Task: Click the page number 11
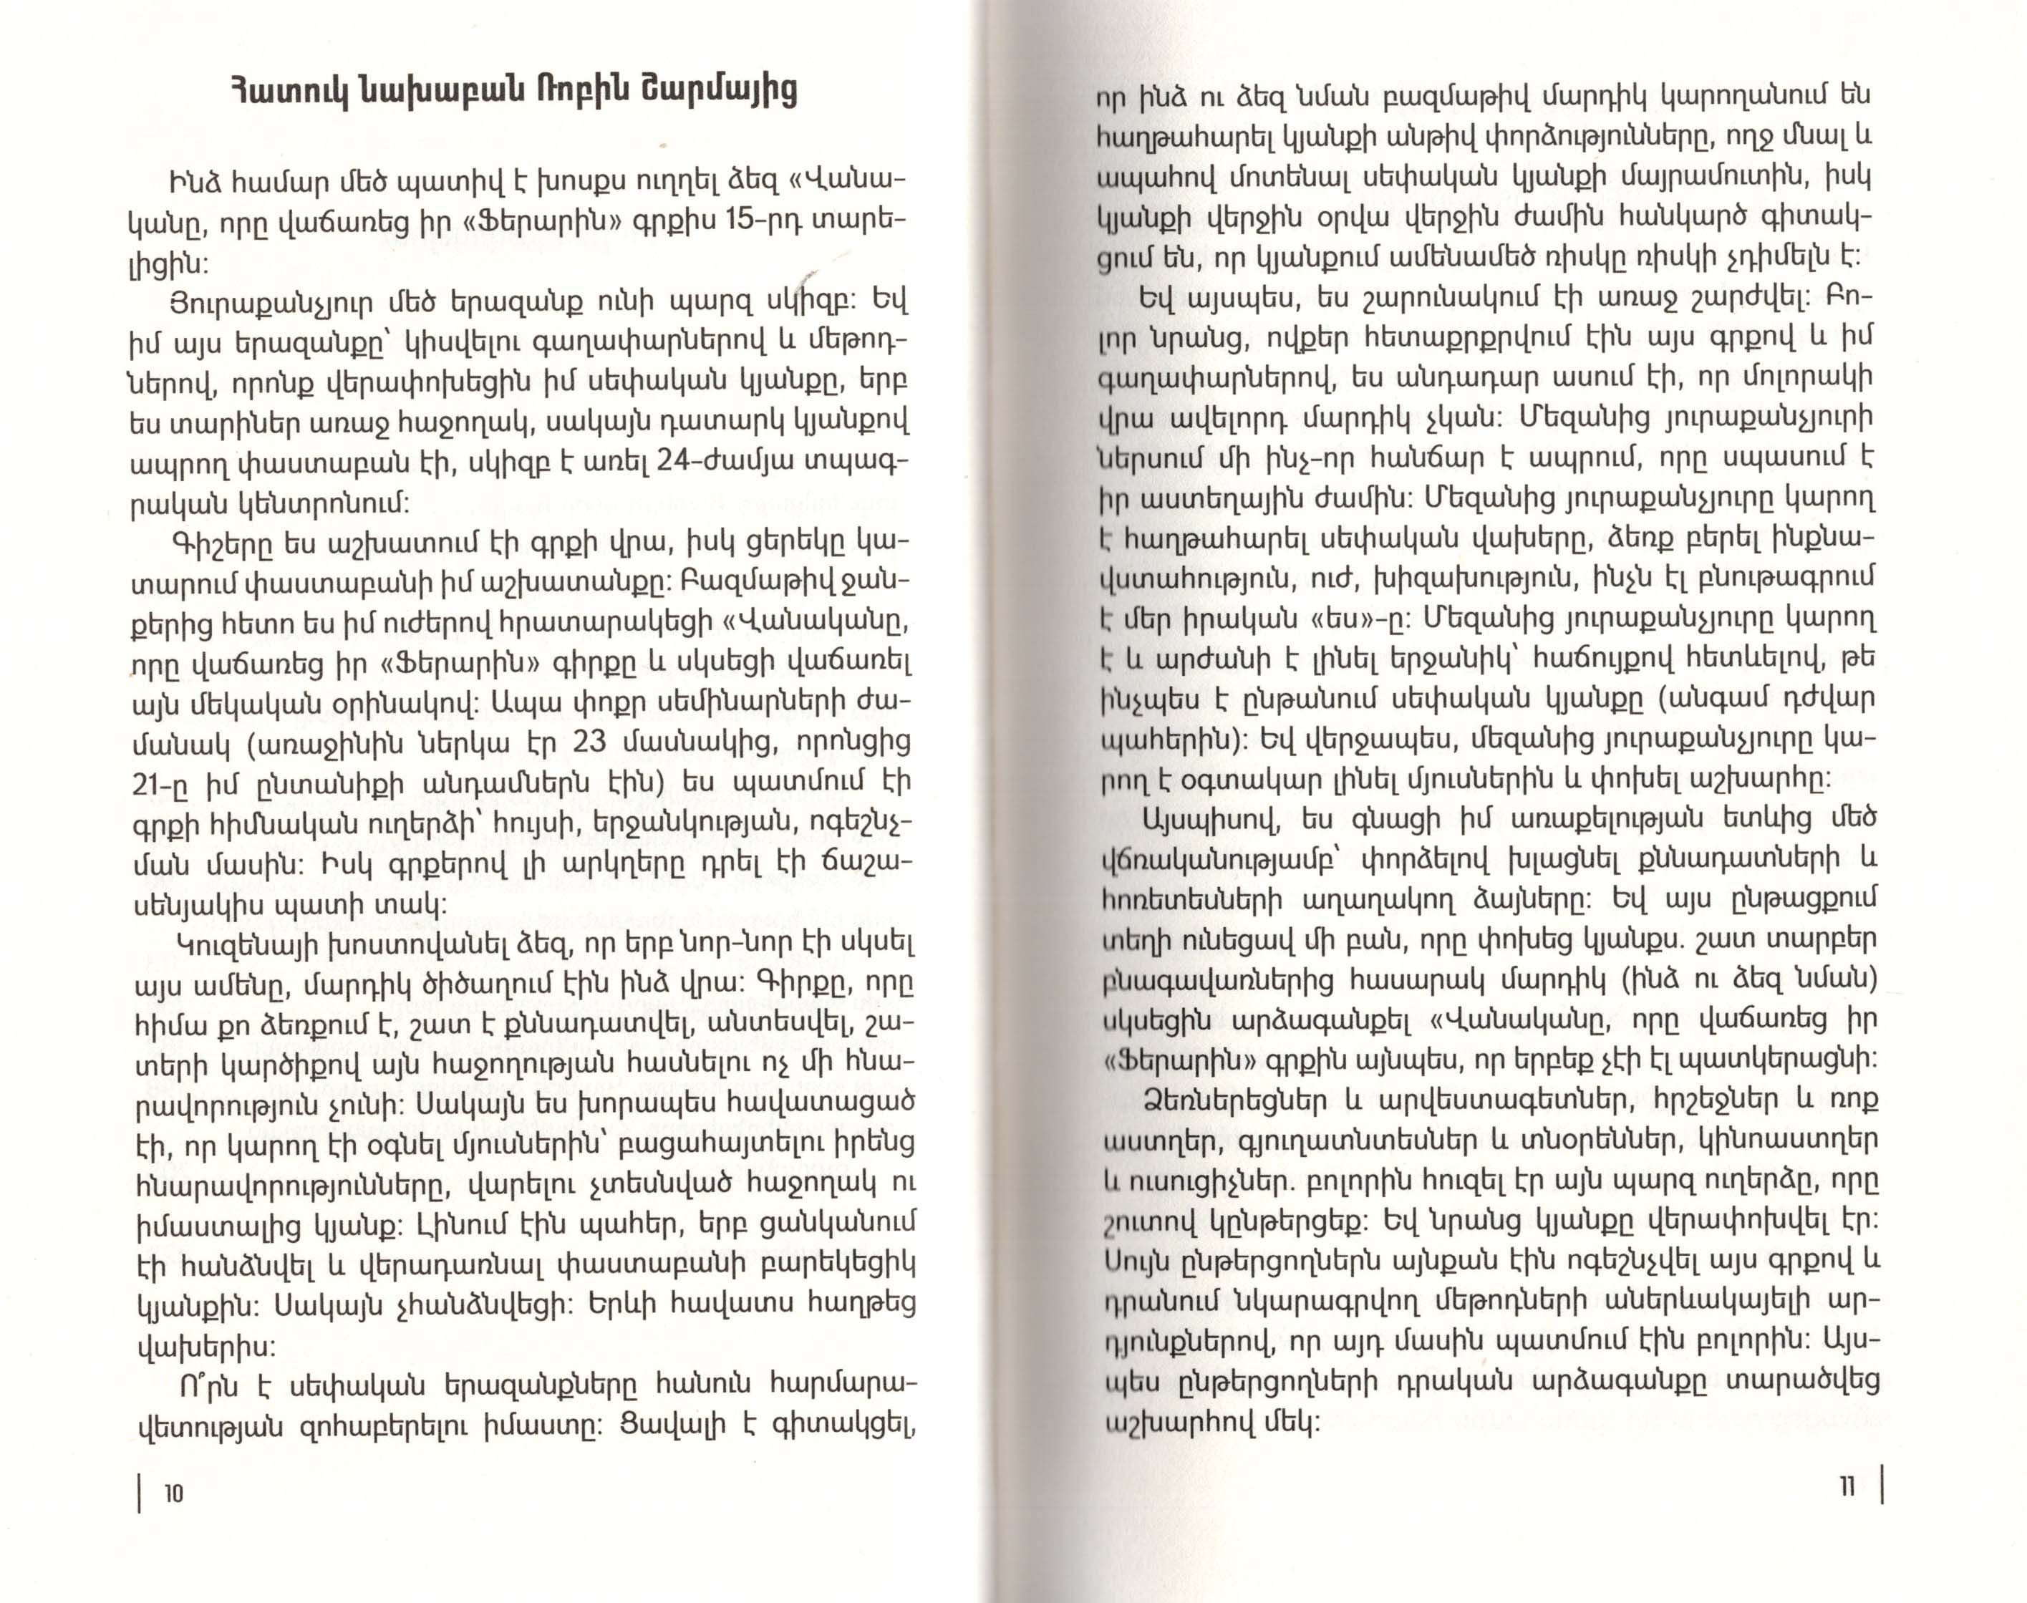[x=1846, y=1486]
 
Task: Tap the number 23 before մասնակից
[x=590, y=742]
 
